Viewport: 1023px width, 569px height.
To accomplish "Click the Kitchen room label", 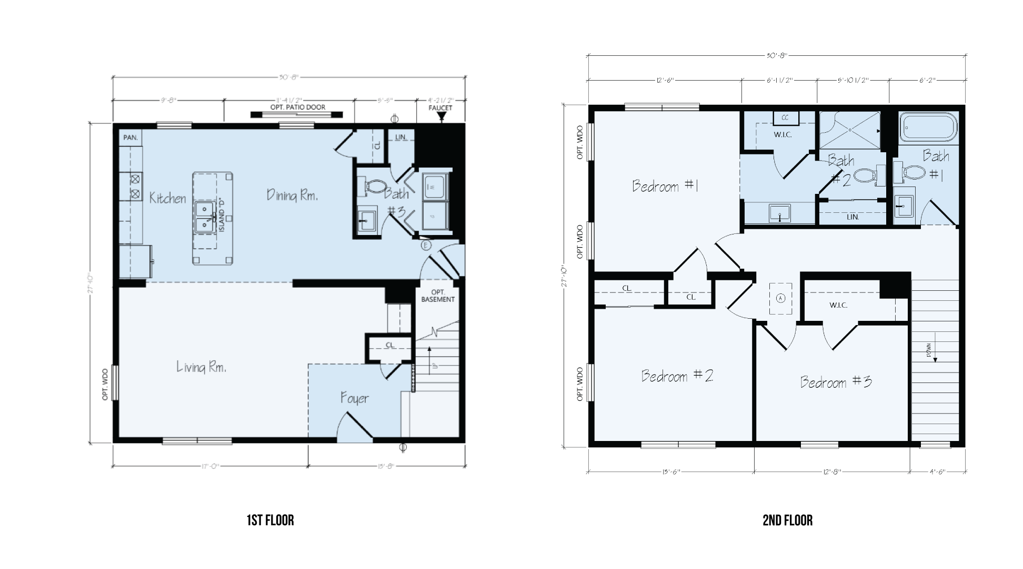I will [167, 198].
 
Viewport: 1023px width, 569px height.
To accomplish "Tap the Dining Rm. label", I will [292, 195].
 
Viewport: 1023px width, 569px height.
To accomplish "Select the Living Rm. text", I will [202, 367].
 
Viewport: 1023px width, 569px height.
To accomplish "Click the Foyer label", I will [354, 398].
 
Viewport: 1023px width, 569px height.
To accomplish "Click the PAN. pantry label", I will [130, 138].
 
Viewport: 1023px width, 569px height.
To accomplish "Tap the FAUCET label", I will [441, 108].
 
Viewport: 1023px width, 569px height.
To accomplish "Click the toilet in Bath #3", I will [375, 186].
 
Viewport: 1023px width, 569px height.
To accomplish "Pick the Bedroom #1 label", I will [665, 186].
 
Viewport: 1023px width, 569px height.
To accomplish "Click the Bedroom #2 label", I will [677, 376].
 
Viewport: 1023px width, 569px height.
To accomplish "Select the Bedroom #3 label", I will [836, 382].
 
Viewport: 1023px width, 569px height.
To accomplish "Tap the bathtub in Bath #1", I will [928, 127].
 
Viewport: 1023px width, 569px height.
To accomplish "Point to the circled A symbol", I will [780, 298].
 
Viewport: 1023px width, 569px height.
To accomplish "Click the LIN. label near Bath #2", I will [852, 217].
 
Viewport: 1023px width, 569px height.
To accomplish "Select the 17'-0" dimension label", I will [210, 466].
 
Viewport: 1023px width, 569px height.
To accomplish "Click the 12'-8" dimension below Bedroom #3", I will [832, 472].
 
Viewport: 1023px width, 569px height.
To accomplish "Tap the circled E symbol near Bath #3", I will [426, 245].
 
